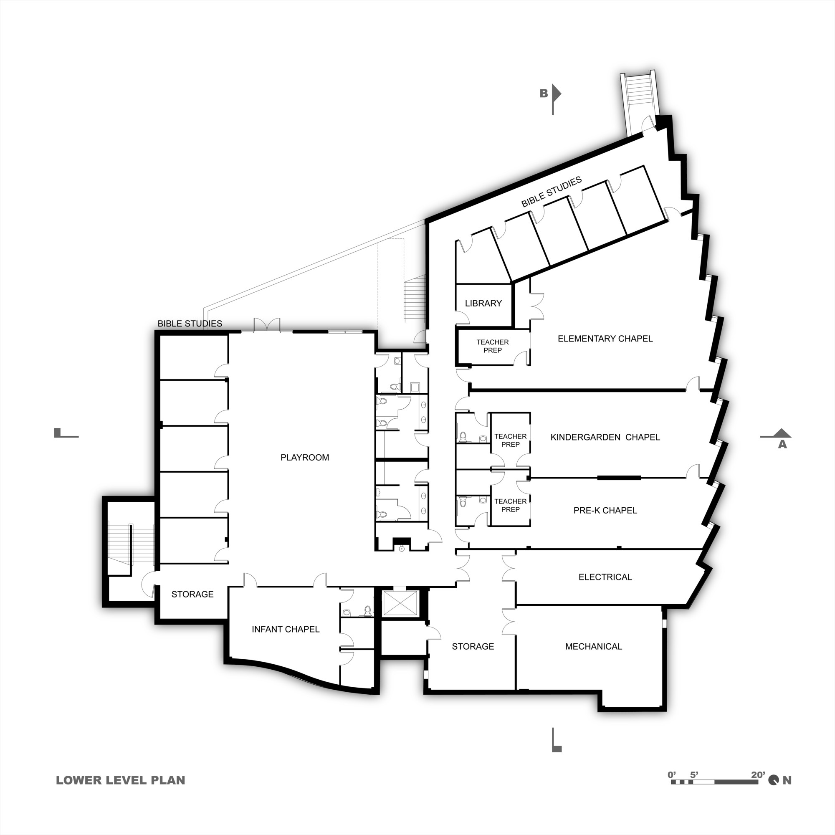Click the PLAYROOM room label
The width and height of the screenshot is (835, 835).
click(x=305, y=457)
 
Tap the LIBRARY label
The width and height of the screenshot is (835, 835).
click(x=483, y=304)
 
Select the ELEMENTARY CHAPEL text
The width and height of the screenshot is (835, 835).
click(x=605, y=339)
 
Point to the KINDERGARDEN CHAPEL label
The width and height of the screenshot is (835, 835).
click(x=605, y=438)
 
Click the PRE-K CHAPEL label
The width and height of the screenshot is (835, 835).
click(x=605, y=511)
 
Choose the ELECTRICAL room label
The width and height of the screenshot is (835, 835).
click(x=605, y=577)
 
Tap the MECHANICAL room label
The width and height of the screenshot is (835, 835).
click(x=593, y=647)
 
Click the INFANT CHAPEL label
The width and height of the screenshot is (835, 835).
click(x=286, y=629)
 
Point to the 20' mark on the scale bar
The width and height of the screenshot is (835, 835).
click(x=758, y=775)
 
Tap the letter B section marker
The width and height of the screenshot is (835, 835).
click(x=543, y=94)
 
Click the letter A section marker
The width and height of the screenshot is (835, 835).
click(x=782, y=444)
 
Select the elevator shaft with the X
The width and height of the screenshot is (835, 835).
click(x=400, y=603)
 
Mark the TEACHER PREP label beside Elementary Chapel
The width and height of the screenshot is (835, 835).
click(x=492, y=346)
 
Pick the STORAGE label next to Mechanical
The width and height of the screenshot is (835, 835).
click(x=473, y=647)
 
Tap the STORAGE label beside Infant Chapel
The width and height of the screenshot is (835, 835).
click(x=192, y=594)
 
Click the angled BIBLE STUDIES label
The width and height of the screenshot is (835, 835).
click(x=551, y=192)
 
